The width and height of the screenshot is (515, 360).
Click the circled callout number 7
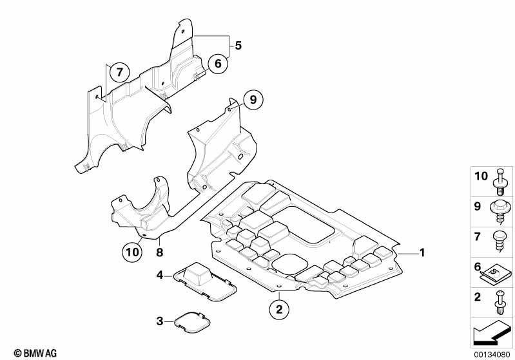pyautogui.click(x=119, y=72)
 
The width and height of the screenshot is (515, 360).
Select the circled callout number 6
pyautogui.click(x=218, y=63)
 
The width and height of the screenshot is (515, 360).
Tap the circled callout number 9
pyautogui.click(x=253, y=99)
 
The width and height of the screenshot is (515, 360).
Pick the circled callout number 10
pyautogui.click(x=132, y=252)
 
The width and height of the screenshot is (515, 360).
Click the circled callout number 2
pyautogui.click(x=279, y=310)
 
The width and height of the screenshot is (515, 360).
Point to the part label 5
pyautogui.click(x=238, y=46)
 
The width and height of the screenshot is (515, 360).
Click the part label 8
pyautogui.click(x=159, y=252)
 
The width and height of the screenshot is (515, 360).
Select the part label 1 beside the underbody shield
pyautogui.click(x=422, y=252)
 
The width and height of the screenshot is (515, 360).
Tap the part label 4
pyautogui.click(x=160, y=275)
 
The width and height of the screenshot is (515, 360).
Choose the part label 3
pyautogui.click(x=160, y=321)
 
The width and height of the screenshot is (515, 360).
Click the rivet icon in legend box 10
pyautogui.click(x=499, y=182)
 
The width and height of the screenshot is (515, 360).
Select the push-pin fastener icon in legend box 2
pyautogui.click(x=500, y=303)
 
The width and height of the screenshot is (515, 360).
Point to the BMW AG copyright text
pyautogui.click(x=35, y=353)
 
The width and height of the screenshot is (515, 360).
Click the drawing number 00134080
pyautogui.click(x=492, y=354)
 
